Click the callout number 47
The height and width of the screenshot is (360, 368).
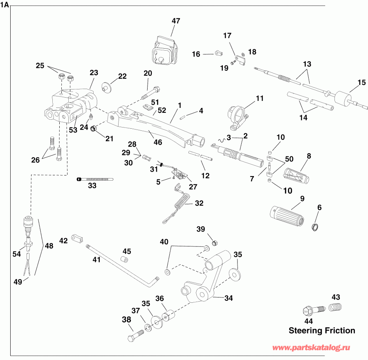pos(175,21)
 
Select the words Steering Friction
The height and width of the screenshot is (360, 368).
pos(322,330)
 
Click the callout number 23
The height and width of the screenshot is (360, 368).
pos(94,73)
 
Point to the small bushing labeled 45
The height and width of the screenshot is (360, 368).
pos(126,259)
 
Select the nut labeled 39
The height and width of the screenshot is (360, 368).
pos(213,244)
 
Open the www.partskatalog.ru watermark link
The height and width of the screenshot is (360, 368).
pos(312,347)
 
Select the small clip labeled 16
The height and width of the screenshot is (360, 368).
pos(219,53)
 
